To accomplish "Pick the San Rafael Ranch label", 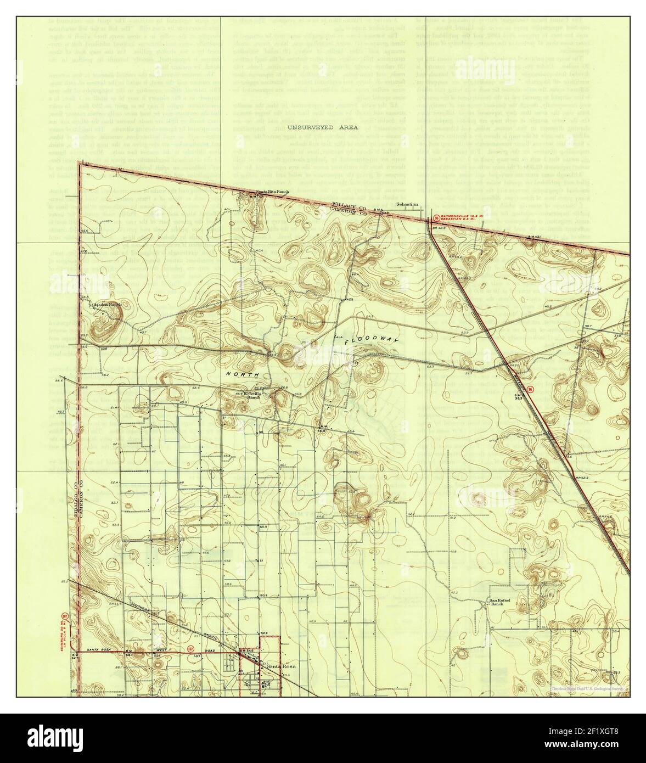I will pos(500,602).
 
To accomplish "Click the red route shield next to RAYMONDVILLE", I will pos(436,218).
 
